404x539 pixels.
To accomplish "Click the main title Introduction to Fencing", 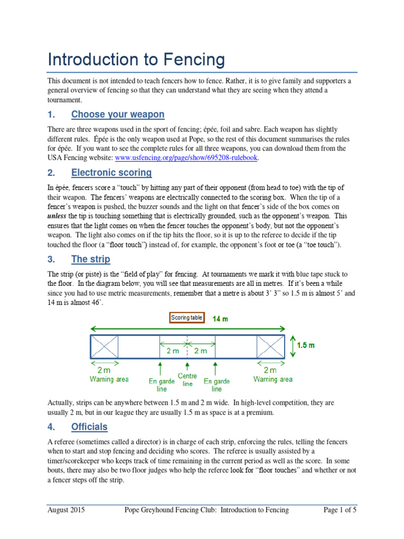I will (136, 59).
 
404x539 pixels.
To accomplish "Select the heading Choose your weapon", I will (117, 114).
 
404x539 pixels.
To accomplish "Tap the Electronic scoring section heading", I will (111, 173).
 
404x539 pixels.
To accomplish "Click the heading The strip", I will (90, 259).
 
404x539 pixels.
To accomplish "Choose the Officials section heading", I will (89, 426).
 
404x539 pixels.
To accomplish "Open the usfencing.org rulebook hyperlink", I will (186, 157).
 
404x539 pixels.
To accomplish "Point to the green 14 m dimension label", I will (220, 319).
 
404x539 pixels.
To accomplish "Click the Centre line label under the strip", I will (188, 380).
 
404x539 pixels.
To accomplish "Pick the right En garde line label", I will (216, 385).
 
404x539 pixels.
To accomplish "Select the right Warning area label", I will (273, 379).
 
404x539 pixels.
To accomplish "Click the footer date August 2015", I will (66, 510).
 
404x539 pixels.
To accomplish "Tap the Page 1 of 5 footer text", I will (339, 510).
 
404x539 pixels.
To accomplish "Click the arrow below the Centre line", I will (187, 366).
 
